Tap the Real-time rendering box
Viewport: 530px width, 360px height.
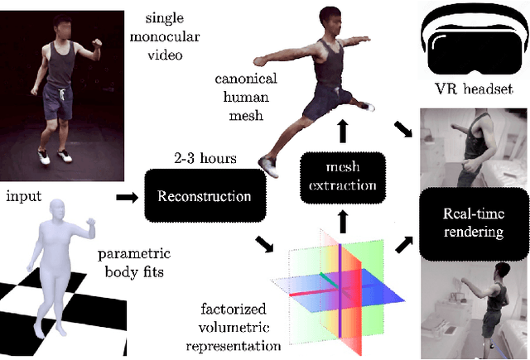tap(471, 222)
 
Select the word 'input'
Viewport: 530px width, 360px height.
tap(24, 198)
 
